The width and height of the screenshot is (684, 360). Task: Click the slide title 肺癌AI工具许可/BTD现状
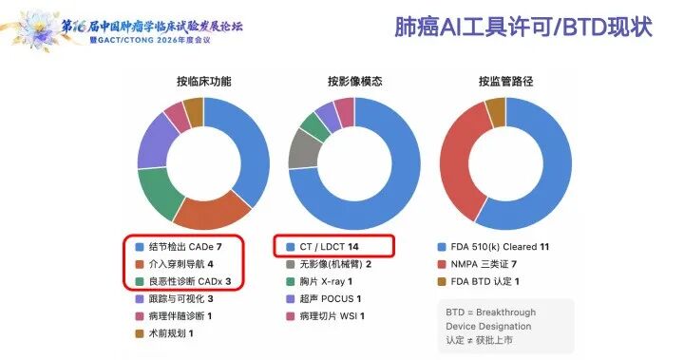click(x=523, y=27)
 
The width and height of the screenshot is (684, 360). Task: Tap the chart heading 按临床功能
click(x=203, y=81)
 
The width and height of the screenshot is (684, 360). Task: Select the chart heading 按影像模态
click(x=354, y=81)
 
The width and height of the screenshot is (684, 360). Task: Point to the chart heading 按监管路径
click(x=505, y=81)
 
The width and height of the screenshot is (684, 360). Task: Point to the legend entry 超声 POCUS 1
click(x=324, y=299)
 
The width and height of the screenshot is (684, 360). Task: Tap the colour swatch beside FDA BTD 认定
click(x=442, y=281)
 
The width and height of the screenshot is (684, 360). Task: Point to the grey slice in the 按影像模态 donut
click(x=305, y=149)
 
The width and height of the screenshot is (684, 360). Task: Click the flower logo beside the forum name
click(x=37, y=29)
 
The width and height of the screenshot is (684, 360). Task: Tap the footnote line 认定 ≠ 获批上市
click(x=479, y=340)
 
